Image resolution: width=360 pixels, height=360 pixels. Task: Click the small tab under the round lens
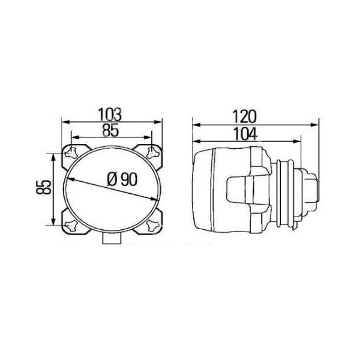112,238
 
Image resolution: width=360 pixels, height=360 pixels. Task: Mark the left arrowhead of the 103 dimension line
64,124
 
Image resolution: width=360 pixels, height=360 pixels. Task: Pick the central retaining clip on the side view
238,191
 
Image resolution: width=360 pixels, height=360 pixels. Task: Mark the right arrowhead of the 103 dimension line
160,124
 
